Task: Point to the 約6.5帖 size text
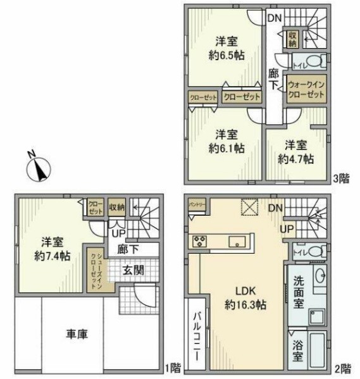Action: (x=227, y=55)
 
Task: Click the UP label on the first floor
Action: (x=118, y=233)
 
